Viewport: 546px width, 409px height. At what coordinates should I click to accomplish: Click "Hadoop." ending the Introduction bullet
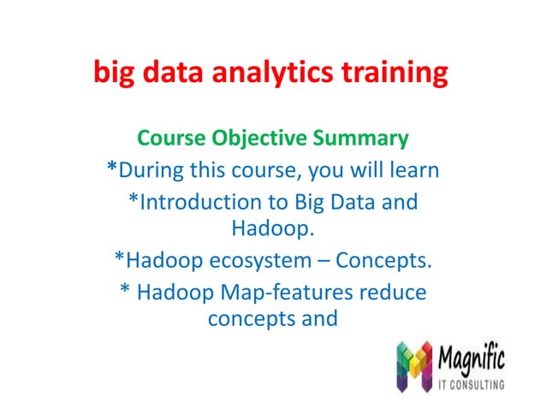click(x=272, y=229)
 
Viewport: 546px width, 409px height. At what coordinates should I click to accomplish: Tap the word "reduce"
click(x=390, y=292)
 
